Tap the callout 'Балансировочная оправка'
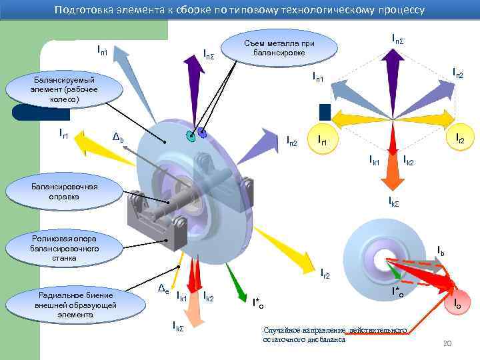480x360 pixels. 63,191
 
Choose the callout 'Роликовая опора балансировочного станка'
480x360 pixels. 64,248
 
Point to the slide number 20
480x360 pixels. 447,343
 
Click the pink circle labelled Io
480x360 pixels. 457,303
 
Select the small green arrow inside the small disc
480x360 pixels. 395,271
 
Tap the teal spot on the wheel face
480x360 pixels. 191,137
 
